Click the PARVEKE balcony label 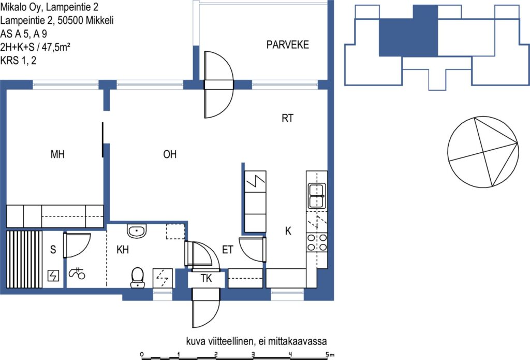[x=287, y=45]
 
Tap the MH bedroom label [x=57, y=154]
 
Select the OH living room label [x=170, y=154]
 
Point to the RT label [x=287, y=118]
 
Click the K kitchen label [x=288, y=231]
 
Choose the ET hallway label [x=228, y=250]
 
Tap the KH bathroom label [x=122, y=250]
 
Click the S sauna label [x=53, y=250]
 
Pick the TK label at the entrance [x=206, y=279]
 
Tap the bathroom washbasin [x=137, y=231]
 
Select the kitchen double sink [x=317, y=196]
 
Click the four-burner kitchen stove [x=317, y=242]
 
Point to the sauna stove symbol [x=53, y=276]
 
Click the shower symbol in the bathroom [x=77, y=272]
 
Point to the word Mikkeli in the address [x=99, y=20]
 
